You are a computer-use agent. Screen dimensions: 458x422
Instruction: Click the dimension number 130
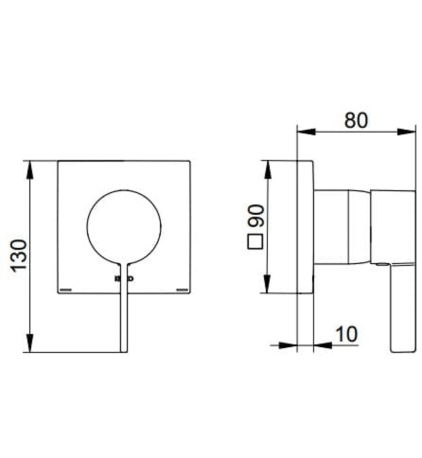click(18, 256)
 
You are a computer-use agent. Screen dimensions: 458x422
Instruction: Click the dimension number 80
click(356, 120)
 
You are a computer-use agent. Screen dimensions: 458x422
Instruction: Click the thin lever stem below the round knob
click(124, 314)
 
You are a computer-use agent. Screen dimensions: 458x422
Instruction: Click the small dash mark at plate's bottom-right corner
click(183, 288)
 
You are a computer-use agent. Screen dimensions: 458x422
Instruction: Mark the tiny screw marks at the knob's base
click(124, 279)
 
